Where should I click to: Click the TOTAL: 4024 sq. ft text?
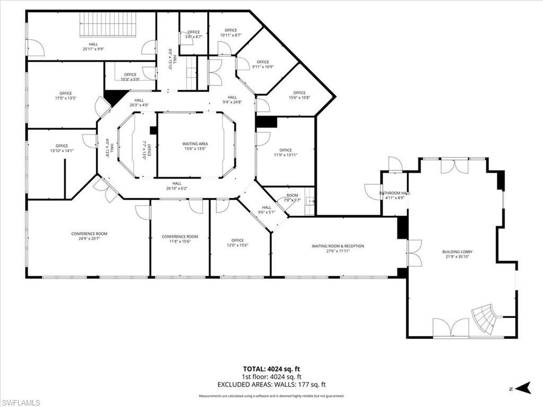[x=271, y=369]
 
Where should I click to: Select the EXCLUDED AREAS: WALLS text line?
[x=271, y=385]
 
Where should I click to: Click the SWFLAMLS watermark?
[x=20, y=402]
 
